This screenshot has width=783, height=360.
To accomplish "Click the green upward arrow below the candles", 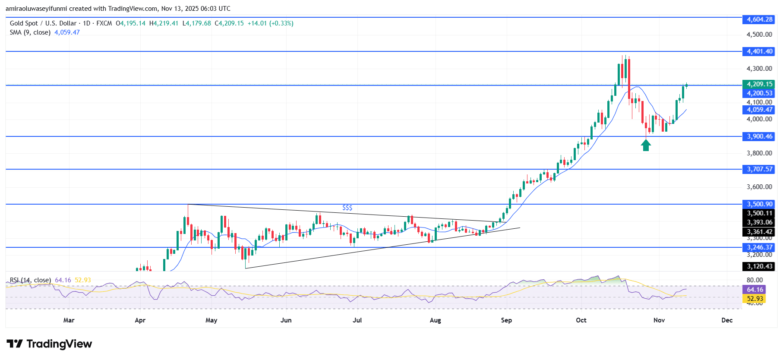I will (646, 145).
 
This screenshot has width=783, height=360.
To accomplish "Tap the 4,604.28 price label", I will (760, 19).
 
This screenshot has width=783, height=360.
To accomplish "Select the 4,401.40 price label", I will (760, 51).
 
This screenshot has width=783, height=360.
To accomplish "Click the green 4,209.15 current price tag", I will (760, 84).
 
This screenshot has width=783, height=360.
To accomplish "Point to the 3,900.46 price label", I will (760, 136).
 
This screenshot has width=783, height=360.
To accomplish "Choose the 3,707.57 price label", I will (760, 169).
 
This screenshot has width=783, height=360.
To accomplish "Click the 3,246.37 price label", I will (760, 247).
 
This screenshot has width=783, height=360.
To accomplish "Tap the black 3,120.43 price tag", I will (760, 266).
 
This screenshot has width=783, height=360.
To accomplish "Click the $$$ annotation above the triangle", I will (347, 208).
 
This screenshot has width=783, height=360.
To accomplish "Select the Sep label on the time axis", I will (506, 320).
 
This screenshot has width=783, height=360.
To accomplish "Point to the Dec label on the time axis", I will (727, 320).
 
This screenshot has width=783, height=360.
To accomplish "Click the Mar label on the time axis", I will (69, 320).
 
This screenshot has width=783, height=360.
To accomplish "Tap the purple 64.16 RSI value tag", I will (755, 290).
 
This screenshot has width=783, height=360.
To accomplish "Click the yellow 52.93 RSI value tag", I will (755, 299).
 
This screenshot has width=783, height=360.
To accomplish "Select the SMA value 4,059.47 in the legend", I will (67, 32).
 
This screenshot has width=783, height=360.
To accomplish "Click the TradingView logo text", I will (59, 344).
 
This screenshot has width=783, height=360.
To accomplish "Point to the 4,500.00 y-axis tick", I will (759, 35).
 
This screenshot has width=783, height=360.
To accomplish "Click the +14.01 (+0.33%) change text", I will (270, 23).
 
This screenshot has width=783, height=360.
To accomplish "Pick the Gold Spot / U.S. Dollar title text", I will (43, 23).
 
